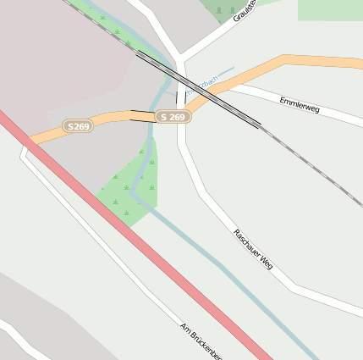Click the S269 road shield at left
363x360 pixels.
(78, 126)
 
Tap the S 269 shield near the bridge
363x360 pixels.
(172, 117)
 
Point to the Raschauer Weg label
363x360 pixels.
(252, 246)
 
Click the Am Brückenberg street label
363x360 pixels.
(201, 341)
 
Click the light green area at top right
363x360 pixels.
(330, 9)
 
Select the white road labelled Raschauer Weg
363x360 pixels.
(212, 208)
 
